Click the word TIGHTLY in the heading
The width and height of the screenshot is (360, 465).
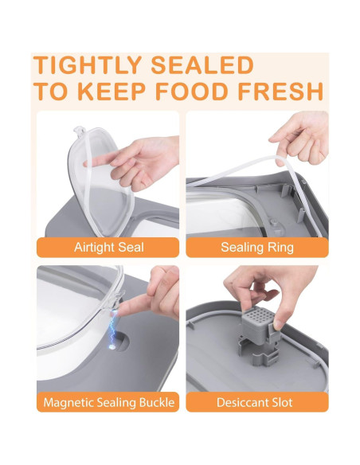(92, 65)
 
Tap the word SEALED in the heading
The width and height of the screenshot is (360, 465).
(204, 65)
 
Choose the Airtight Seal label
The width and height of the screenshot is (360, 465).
(108, 247)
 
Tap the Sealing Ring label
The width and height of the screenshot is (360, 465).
(256, 247)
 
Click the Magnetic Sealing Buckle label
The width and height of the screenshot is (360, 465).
(108, 402)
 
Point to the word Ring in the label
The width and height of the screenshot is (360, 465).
(280, 247)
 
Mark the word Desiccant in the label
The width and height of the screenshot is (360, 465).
(241, 402)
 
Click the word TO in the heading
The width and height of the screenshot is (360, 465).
(49, 91)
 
